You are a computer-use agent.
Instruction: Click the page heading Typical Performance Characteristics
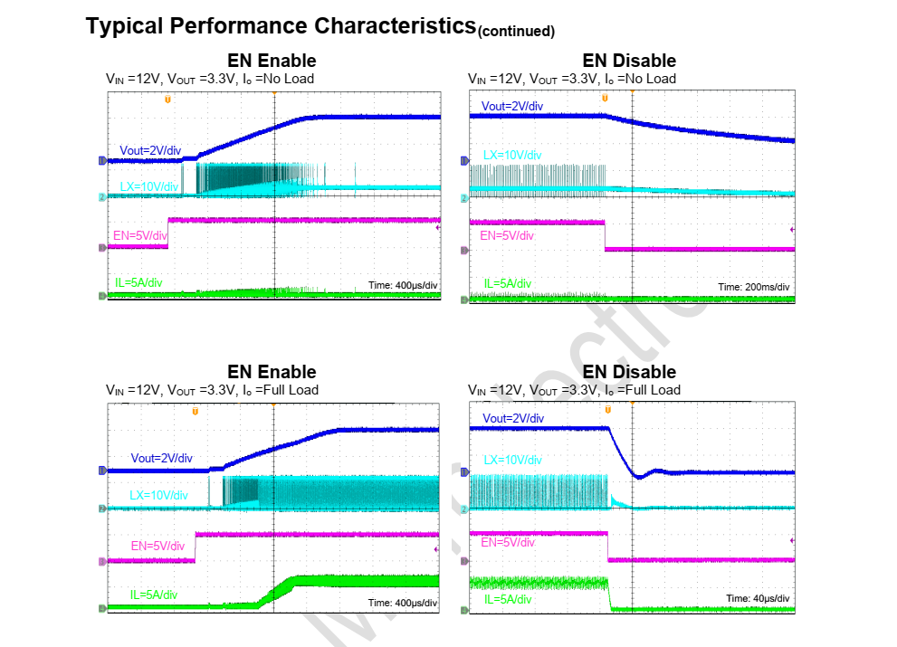tap(281, 25)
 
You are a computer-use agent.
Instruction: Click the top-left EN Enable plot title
tap(272, 61)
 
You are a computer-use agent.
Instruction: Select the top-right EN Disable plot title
tap(629, 61)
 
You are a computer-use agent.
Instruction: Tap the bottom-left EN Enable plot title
tap(272, 372)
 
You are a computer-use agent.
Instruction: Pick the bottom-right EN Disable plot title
tap(629, 372)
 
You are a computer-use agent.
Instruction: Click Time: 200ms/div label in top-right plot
tap(755, 287)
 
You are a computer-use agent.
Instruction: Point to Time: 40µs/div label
tap(758, 599)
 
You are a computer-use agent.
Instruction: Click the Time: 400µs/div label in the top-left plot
tap(403, 286)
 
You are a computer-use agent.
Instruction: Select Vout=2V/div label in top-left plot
tap(150, 149)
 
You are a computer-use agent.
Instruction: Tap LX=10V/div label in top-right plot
tap(512, 156)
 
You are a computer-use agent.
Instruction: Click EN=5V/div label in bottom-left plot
tap(157, 546)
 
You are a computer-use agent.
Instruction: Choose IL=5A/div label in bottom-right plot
tap(509, 600)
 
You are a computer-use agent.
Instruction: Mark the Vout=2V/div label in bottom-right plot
tap(513, 419)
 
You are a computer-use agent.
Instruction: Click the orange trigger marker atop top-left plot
tap(167, 98)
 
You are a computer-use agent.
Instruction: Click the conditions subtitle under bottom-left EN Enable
tap(212, 390)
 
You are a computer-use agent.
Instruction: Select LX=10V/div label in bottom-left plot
tap(158, 495)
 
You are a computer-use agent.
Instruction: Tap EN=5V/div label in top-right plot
tap(508, 236)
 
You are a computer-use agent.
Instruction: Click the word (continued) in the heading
tap(516, 32)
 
